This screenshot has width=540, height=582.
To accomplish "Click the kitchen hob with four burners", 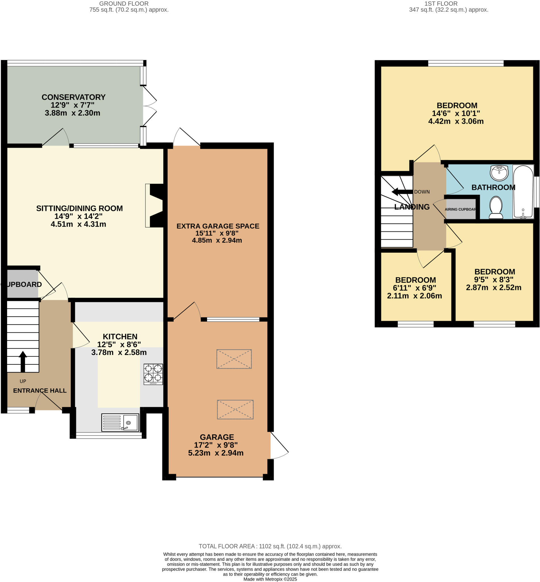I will [x=153, y=374].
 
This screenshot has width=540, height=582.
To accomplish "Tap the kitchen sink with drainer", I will [x=120, y=422].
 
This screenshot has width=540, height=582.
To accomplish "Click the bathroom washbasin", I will [x=499, y=173].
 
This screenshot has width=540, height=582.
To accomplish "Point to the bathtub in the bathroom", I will [x=523, y=192].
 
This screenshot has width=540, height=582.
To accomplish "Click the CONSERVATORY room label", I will [x=73, y=97].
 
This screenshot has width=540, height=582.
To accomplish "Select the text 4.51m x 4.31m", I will [x=78, y=224].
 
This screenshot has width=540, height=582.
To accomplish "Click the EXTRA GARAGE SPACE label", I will [x=218, y=226].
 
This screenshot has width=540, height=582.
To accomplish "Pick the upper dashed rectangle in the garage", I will [x=234, y=359].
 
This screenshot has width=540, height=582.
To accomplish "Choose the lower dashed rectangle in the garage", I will [x=235, y=409].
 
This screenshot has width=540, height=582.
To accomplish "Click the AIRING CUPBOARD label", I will [x=460, y=209].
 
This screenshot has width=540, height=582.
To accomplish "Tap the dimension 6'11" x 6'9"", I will [x=414, y=288].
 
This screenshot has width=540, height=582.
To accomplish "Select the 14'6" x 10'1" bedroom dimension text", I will [x=456, y=113].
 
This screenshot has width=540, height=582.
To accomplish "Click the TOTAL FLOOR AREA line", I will [x=270, y=546].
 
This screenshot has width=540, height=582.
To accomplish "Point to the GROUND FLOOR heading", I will [x=124, y=4].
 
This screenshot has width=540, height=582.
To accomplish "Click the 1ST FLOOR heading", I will [x=441, y=4].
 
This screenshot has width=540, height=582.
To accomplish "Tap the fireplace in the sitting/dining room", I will [x=155, y=205].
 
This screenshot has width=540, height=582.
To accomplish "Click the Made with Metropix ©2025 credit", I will [x=270, y=579].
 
